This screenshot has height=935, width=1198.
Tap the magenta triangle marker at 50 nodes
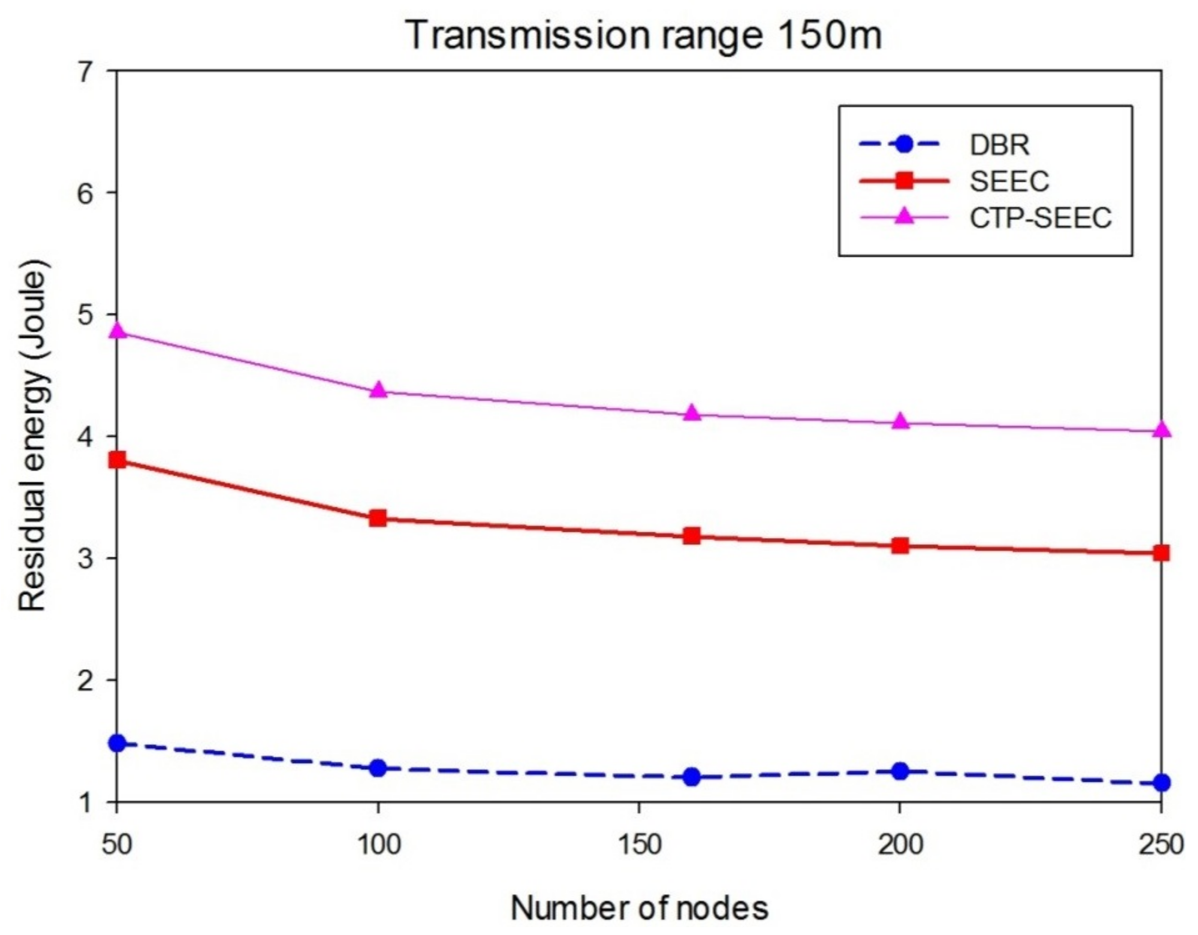(117, 331)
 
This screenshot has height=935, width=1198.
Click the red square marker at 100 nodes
(378, 518)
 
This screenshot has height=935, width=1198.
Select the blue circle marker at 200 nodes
(900, 771)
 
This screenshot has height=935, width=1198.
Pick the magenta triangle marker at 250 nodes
(1161, 429)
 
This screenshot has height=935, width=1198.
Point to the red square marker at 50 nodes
(117, 460)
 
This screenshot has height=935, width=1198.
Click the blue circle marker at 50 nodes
(117, 743)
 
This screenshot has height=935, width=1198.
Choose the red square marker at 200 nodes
(900, 546)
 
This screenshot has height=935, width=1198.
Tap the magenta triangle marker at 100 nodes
(378, 390)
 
